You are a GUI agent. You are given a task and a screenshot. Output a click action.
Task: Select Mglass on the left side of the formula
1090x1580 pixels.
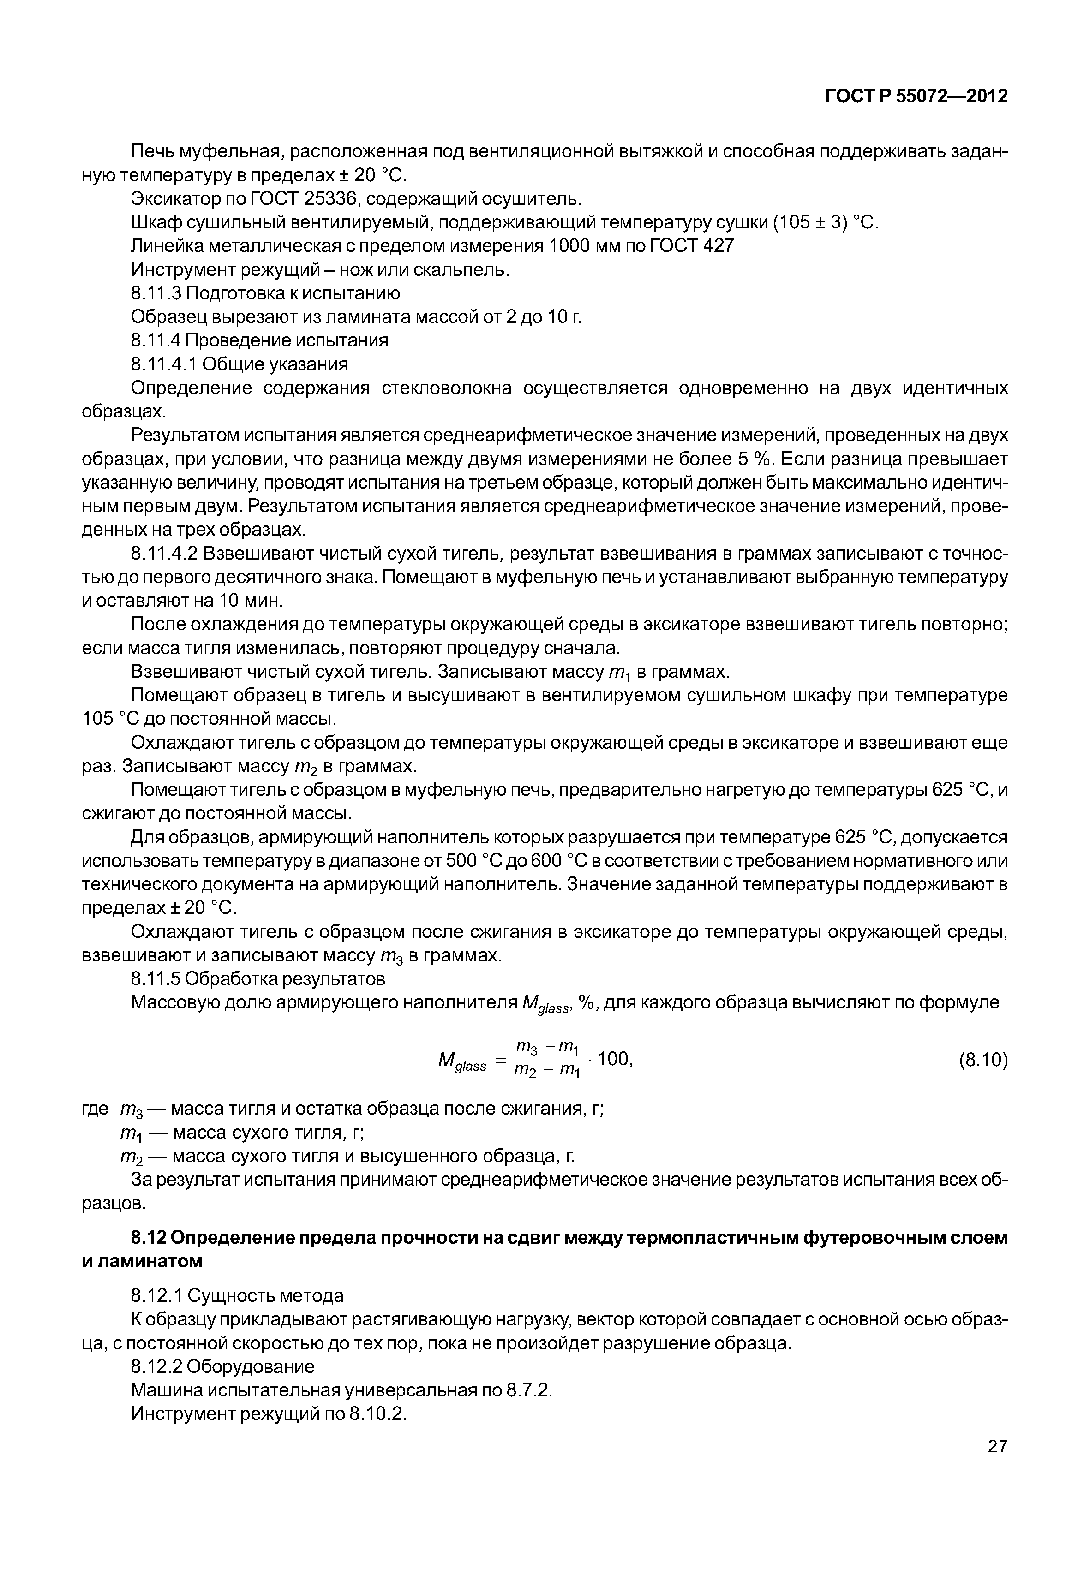(x=461, y=1062)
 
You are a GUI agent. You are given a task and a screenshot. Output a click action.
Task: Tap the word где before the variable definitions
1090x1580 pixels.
(x=95, y=1108)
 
